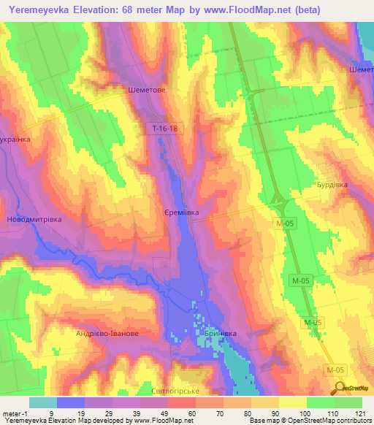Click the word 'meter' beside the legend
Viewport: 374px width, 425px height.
click(x=12, y=413)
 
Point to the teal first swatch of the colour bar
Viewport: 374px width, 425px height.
click(x=43, y=402)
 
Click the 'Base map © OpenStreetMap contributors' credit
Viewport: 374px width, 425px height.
click(x=308, y=421)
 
